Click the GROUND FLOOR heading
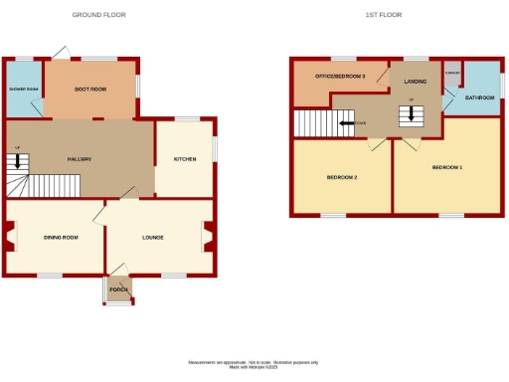99,15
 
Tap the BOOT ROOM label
90,90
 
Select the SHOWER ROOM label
23,90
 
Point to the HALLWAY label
80,159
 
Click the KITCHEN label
185,159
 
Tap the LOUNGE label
152,238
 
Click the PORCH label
118,289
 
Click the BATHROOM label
479,97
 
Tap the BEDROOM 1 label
446,167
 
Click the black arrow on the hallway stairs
17,161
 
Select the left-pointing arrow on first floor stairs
346,124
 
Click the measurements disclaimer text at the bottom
254,364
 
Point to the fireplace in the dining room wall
10,237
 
